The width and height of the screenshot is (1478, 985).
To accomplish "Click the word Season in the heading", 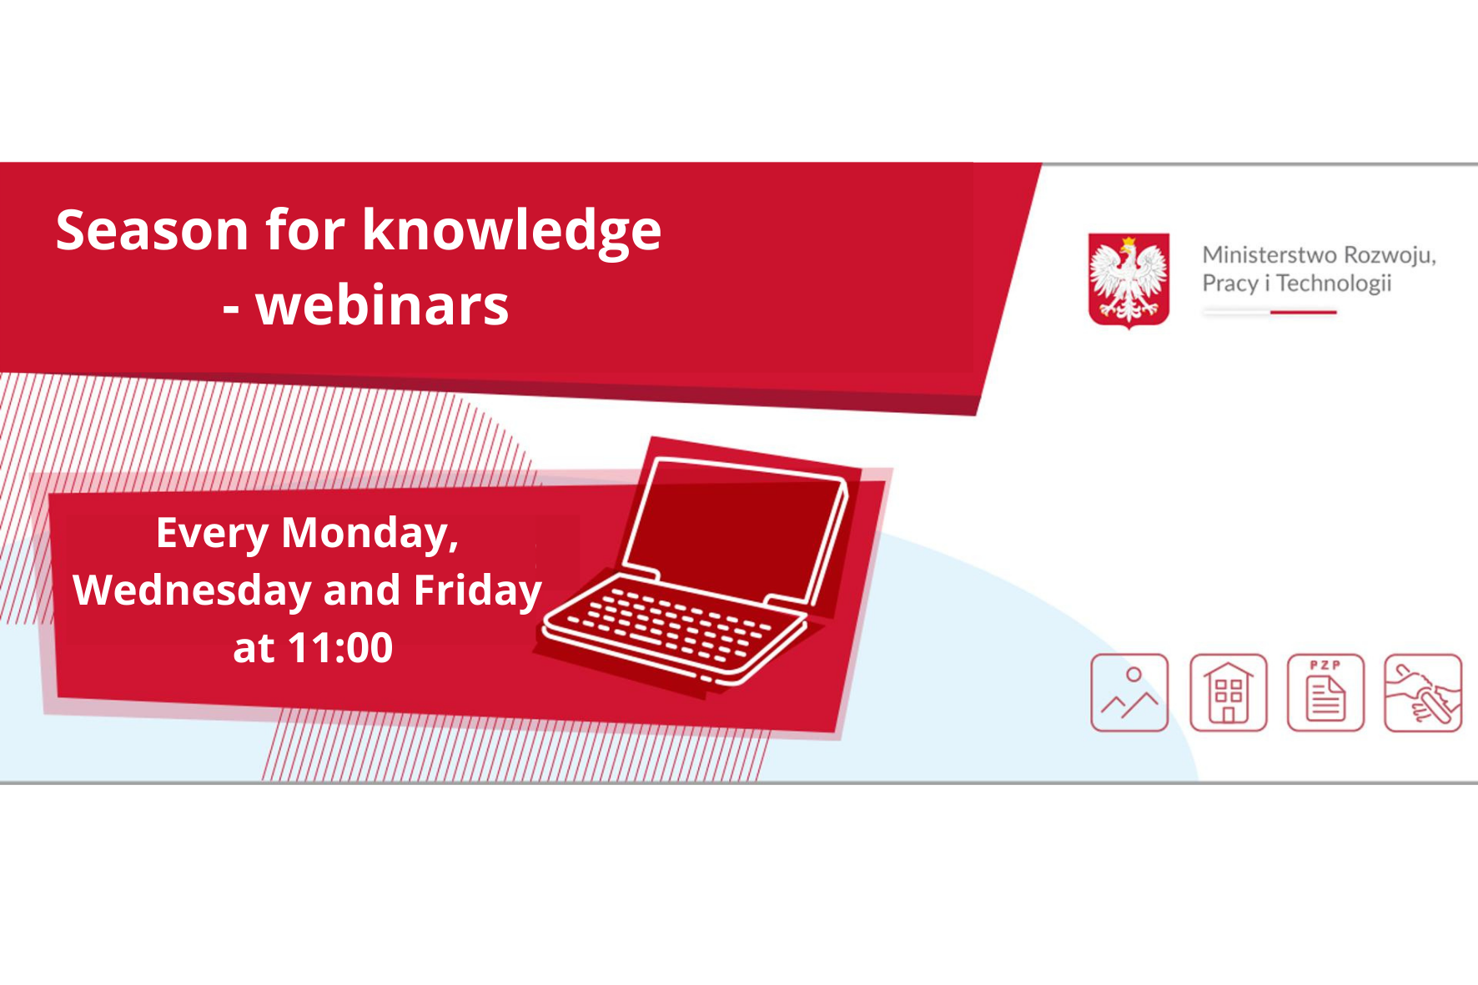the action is pos(153,230).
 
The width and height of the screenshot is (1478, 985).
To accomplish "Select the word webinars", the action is pos(382,305).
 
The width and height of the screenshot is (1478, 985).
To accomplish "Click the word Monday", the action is pos(370,535).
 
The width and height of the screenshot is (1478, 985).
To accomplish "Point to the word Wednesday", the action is pos(193,590).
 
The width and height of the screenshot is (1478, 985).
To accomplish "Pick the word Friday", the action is pos(478,590).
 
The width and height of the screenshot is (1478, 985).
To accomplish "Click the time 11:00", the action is pos(340,648).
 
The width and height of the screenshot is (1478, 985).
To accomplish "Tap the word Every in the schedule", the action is pos(213,535).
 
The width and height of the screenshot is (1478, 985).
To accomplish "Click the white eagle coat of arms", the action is pos(1129,279).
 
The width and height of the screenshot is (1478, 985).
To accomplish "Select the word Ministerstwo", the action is pos(1268,254).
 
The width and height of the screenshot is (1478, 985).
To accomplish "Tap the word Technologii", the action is pos(1334,284).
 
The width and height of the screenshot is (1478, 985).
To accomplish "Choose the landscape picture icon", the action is pos(1129,693).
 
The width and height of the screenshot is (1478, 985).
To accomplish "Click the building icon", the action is pos(1228,693).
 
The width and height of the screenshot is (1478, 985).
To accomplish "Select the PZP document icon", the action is pos(1325,693).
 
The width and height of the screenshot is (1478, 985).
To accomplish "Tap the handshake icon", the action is pos(1423,693).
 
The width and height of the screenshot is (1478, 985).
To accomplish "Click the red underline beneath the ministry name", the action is pos(1303,312).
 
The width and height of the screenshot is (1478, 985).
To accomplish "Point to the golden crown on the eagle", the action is pos(1129,244).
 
